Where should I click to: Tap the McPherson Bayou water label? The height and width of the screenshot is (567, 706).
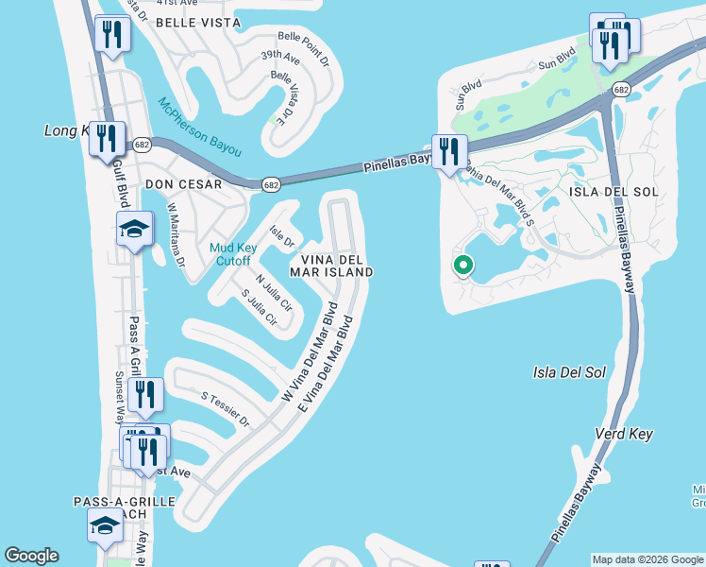coord(199,128)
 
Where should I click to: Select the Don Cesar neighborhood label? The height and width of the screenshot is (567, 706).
coord(183,184)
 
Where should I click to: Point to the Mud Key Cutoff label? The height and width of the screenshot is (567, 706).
coord(229,254)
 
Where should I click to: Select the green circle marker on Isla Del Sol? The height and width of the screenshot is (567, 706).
coord(462,266)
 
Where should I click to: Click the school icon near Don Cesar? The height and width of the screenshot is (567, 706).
coord(134,229)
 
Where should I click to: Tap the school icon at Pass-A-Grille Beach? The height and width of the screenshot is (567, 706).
coord(105,525)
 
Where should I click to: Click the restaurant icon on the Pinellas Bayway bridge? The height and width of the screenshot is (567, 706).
coord(449,151)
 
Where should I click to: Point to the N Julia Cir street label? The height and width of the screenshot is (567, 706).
coord(274,292)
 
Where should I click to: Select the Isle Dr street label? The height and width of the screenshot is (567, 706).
coord(281,236)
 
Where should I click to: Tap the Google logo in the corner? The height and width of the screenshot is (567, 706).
coord(32,556)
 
